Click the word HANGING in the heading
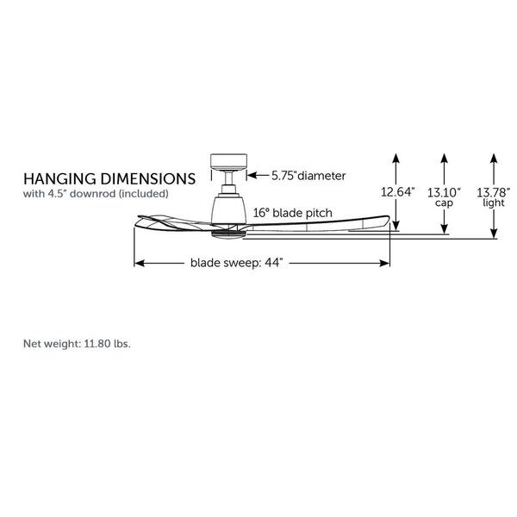(57, 179)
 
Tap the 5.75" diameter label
(308, 175)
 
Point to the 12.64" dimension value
(397, 190)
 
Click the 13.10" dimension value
(445, 190)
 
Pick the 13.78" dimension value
(495, 190)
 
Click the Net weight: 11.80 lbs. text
(77, 342)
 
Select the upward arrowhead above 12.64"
(396, 158)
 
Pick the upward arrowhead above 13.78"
(494, 158)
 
